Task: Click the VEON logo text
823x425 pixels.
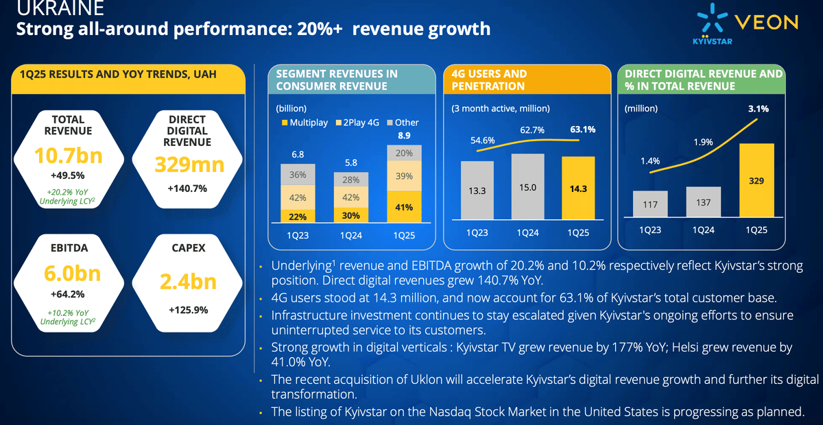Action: pyautogui.click(x=766, y=22)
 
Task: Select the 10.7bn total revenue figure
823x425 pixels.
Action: pyautogui.click(x=68, y=156)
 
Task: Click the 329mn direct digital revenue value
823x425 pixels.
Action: pyautogui.click(x=179, y=165)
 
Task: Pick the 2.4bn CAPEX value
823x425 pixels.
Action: pyautogui.click(x=188, y=281)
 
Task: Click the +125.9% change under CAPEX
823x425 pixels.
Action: pyautogui.click(x=188, y=309)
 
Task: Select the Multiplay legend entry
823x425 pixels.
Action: pyautogui.click(x=305, y=122)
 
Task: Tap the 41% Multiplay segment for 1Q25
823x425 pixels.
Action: pyautogui.click(x=404, y=207)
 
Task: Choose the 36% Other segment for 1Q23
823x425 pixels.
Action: pyautogui.click(x=298, y=174)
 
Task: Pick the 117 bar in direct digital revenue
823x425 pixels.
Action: pyautogui.click(x=650, y=204)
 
